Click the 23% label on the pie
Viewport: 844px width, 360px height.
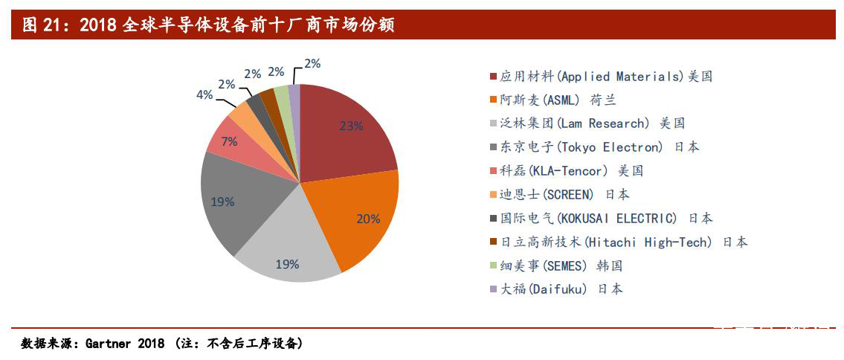pyautogui.click(x=351, y=126)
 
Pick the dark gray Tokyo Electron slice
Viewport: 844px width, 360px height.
pyautogui.click(x=238, y=201)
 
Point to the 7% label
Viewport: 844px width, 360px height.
pyautogui.click(x=229, y=141)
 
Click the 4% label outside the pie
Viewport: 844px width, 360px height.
pyautogui.click(x=204, y=94)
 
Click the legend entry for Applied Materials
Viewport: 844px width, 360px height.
pyautogui.click(x=606, y=77)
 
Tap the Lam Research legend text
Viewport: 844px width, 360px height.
pyautogui.click(x=592, y=123)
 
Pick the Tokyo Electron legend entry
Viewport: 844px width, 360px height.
pyautogui.click(x=599, y=147)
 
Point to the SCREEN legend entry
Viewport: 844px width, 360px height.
pyautogui.click(x=564, y=195)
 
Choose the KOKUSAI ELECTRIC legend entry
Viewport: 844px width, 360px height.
pyautogui.click(x=606, y=219)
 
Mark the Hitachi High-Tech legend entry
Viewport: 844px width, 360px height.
pyautogui.click(x=624, y=242)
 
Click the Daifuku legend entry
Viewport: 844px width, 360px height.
pyautogui.click(x=561, y=289)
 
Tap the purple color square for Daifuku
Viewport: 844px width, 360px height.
pyautogui.click(x=494, y=289)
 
